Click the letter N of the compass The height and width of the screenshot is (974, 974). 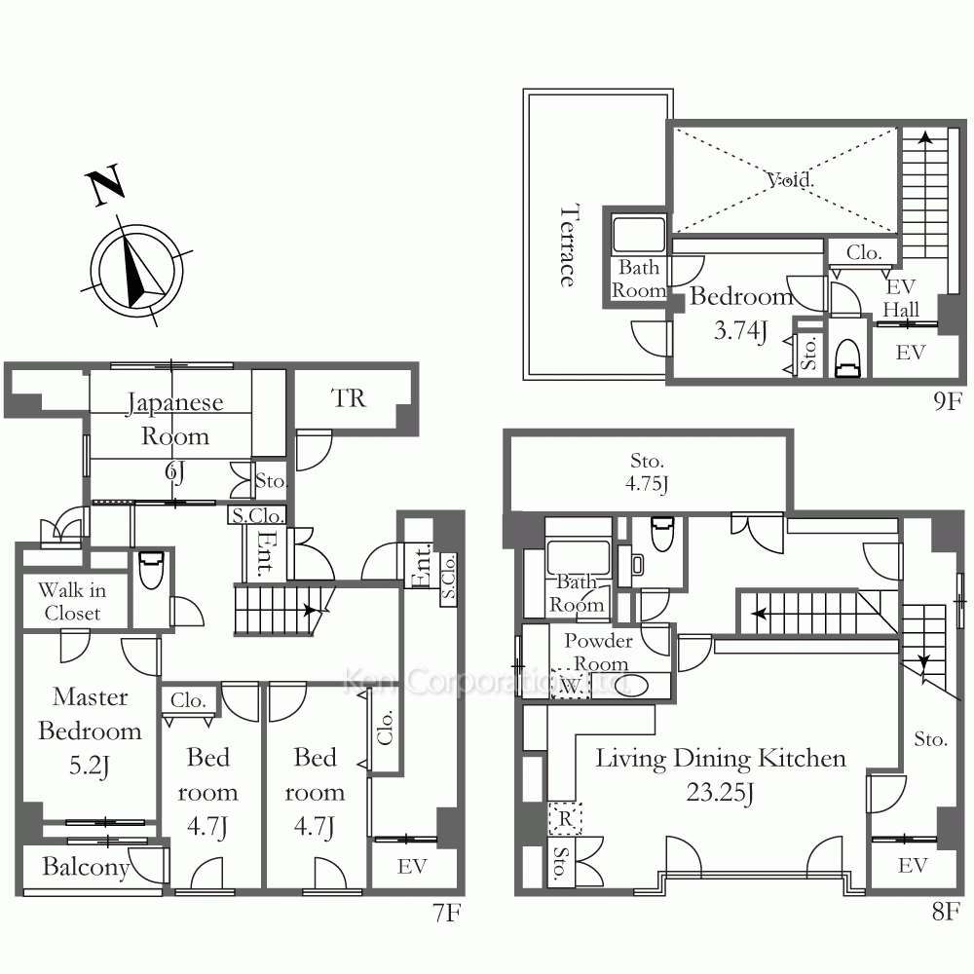(105, 184)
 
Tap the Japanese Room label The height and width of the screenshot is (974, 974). (174, 419)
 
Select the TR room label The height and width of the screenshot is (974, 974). (349, 398)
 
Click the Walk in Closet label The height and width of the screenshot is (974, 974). (72, 601)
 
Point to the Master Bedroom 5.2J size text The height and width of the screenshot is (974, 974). (90, 766)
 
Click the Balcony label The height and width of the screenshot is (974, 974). (86, 867)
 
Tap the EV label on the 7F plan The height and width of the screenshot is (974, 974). (412, 866)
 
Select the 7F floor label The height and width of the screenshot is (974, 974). (447, 913)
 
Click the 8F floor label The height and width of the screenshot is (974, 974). (946, 912)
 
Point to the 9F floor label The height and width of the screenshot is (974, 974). (948, 401)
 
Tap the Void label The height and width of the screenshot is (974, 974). (790, 180)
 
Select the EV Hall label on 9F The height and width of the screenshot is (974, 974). (901, 298)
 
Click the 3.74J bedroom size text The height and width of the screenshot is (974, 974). (740, 330)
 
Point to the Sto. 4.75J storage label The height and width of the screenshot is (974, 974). (647, 472)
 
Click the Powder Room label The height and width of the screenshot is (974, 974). (598, 653)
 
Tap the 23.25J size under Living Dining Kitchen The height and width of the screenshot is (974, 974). (720, 793)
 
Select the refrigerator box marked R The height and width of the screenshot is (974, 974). (565, 818)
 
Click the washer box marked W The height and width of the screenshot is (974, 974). (570, 685)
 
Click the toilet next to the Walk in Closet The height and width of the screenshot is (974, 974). (151, 570)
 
